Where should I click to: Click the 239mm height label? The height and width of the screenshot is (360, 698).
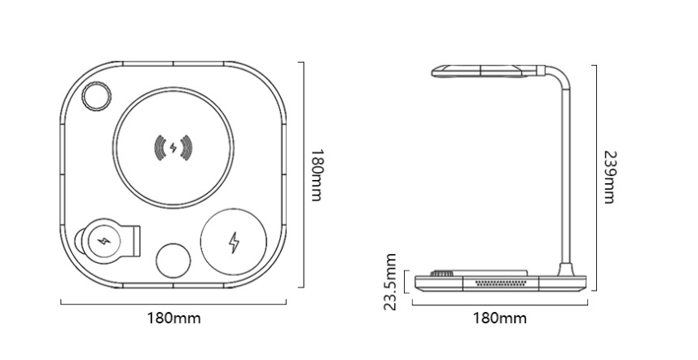[x=609, y=177]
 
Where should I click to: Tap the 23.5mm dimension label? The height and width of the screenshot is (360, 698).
[x=392, y=281]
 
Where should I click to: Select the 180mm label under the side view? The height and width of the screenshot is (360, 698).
[x=498, y=318]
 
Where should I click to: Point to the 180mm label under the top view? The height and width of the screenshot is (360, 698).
[x=173, y=318]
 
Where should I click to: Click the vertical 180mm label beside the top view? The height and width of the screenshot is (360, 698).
[x=318, y=175]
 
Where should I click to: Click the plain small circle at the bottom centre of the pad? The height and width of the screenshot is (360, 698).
[x=173, y=262]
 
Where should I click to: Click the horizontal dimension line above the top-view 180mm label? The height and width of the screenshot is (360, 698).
[x=173, y=303]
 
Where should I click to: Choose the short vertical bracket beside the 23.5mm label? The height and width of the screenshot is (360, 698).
[x=405, y=281]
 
